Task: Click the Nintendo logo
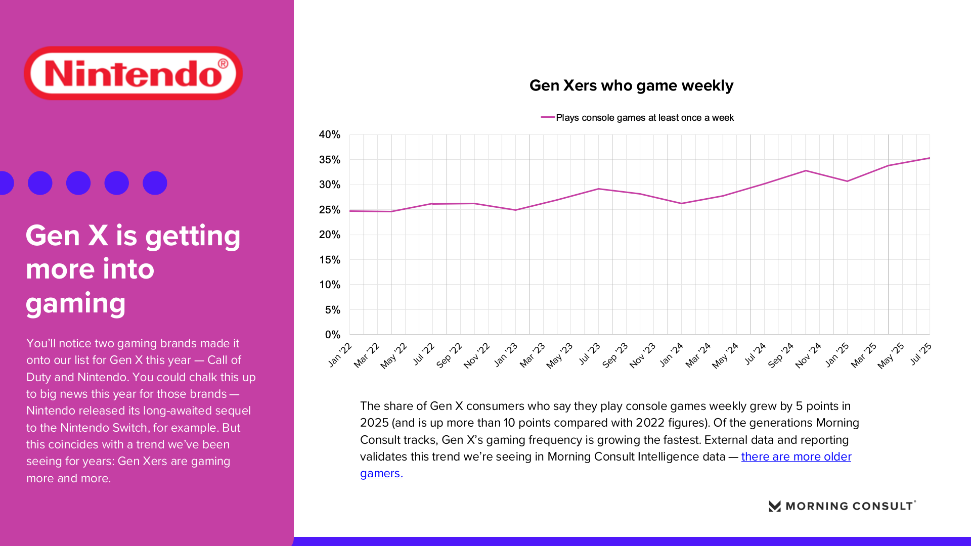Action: point(133,73)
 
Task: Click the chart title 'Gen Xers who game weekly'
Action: point(631,85)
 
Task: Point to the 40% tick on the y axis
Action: point(330,134)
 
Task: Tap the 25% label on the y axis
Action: point(330,210)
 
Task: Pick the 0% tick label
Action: point(332,335)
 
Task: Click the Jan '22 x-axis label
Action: point(340,354)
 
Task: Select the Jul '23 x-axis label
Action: point(589,353)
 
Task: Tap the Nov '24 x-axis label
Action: point(808,355)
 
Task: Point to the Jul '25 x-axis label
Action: point(920,353)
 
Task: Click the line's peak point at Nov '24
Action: point(806,171)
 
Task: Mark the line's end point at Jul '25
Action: point(929,158)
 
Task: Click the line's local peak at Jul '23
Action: point(598,189)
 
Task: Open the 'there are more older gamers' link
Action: point(796,457)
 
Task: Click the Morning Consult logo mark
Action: point(775,506)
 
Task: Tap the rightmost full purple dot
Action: point(155,183)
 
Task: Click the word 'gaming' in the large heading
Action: point(76,303)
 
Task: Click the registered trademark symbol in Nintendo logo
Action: point(223,64)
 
